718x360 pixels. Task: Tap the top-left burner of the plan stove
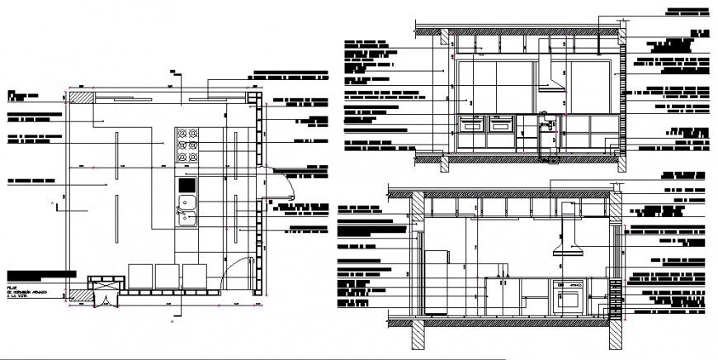[x=179, y=133]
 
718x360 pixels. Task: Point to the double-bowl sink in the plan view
[x=185, y=210]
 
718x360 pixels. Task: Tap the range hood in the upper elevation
[x=550, y=83]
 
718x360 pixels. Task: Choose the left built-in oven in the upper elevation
[x=472, y=126]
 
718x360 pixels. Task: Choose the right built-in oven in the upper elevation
[x=499, y=126]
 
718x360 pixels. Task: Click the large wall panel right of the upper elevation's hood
[x=587, y=83]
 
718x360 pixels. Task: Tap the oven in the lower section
[x=569, y=294]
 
